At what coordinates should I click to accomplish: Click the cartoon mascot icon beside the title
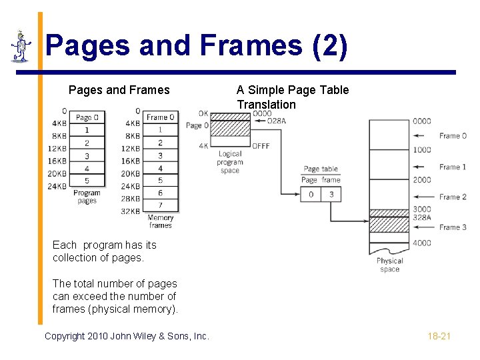(21, 47)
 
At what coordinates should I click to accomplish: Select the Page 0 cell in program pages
(87, 117)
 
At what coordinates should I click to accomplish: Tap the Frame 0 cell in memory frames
(161, 117)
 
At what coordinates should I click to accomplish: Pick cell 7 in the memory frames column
(161, 205)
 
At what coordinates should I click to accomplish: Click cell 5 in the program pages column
(87, 179)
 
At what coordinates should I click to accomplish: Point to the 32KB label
(131, 211)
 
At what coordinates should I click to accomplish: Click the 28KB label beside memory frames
(131, 199)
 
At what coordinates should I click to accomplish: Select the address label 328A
(422, 217)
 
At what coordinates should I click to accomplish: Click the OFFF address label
(261, 146)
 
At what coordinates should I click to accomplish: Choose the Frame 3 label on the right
(453, 227)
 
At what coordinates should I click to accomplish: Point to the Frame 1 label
(453, 167)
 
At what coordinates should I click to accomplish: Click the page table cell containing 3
(331, 194)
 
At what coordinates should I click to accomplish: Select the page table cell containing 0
(311, 194)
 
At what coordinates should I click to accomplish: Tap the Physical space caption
(390, 265)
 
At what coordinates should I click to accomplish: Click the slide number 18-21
(439, 336)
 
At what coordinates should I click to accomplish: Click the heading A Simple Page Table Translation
(293, 97)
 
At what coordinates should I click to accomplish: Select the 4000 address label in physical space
(421, 243)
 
